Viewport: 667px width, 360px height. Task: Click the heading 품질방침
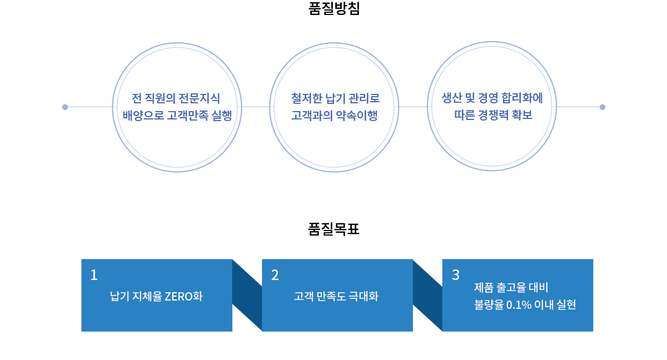(334, 8)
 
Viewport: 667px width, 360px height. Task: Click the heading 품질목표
(334, 229)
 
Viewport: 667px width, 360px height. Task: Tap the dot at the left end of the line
(65, 107)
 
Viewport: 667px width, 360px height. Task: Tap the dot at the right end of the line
(603, 107)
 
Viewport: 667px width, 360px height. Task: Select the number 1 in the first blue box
(94, 275)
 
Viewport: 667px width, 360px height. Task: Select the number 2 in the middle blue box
(275, 275)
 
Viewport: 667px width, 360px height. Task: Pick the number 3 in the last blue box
(456, 275)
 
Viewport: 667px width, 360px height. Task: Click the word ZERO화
(183, 296)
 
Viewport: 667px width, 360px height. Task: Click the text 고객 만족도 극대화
(336, 296)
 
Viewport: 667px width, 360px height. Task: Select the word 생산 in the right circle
(451, 98)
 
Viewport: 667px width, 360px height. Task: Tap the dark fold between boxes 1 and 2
(247, 295)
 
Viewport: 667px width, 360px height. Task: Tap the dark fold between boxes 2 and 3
(427, 295)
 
